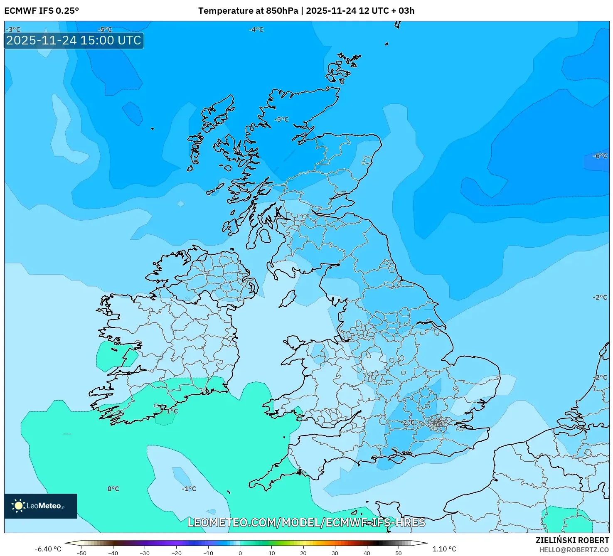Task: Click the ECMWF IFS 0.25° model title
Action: coord(42,11)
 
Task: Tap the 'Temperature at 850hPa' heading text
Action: coord(248,11)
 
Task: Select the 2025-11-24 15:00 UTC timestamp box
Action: coord(74,41)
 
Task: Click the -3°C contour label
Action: coord(13,30)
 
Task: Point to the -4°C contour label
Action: coord(256,30)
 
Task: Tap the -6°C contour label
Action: coord(600,156)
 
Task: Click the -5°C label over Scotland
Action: coord(281,119)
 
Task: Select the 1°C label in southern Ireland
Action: coord(172,411)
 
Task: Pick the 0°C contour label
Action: coord(113,489)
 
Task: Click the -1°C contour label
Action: coord(189,489)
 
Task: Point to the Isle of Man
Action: coord(288,298)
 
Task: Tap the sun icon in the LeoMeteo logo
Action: coord(18,506)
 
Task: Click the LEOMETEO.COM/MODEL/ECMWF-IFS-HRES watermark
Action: coord(306,522)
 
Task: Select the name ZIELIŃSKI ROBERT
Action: coord(572,540)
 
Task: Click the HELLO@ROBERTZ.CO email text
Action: coord(574,550)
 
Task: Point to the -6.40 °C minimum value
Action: coord(48,549)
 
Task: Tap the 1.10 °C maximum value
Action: coord(444,549)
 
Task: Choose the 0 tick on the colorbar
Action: coord(240,553)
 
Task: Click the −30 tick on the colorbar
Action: coord(144,553)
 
